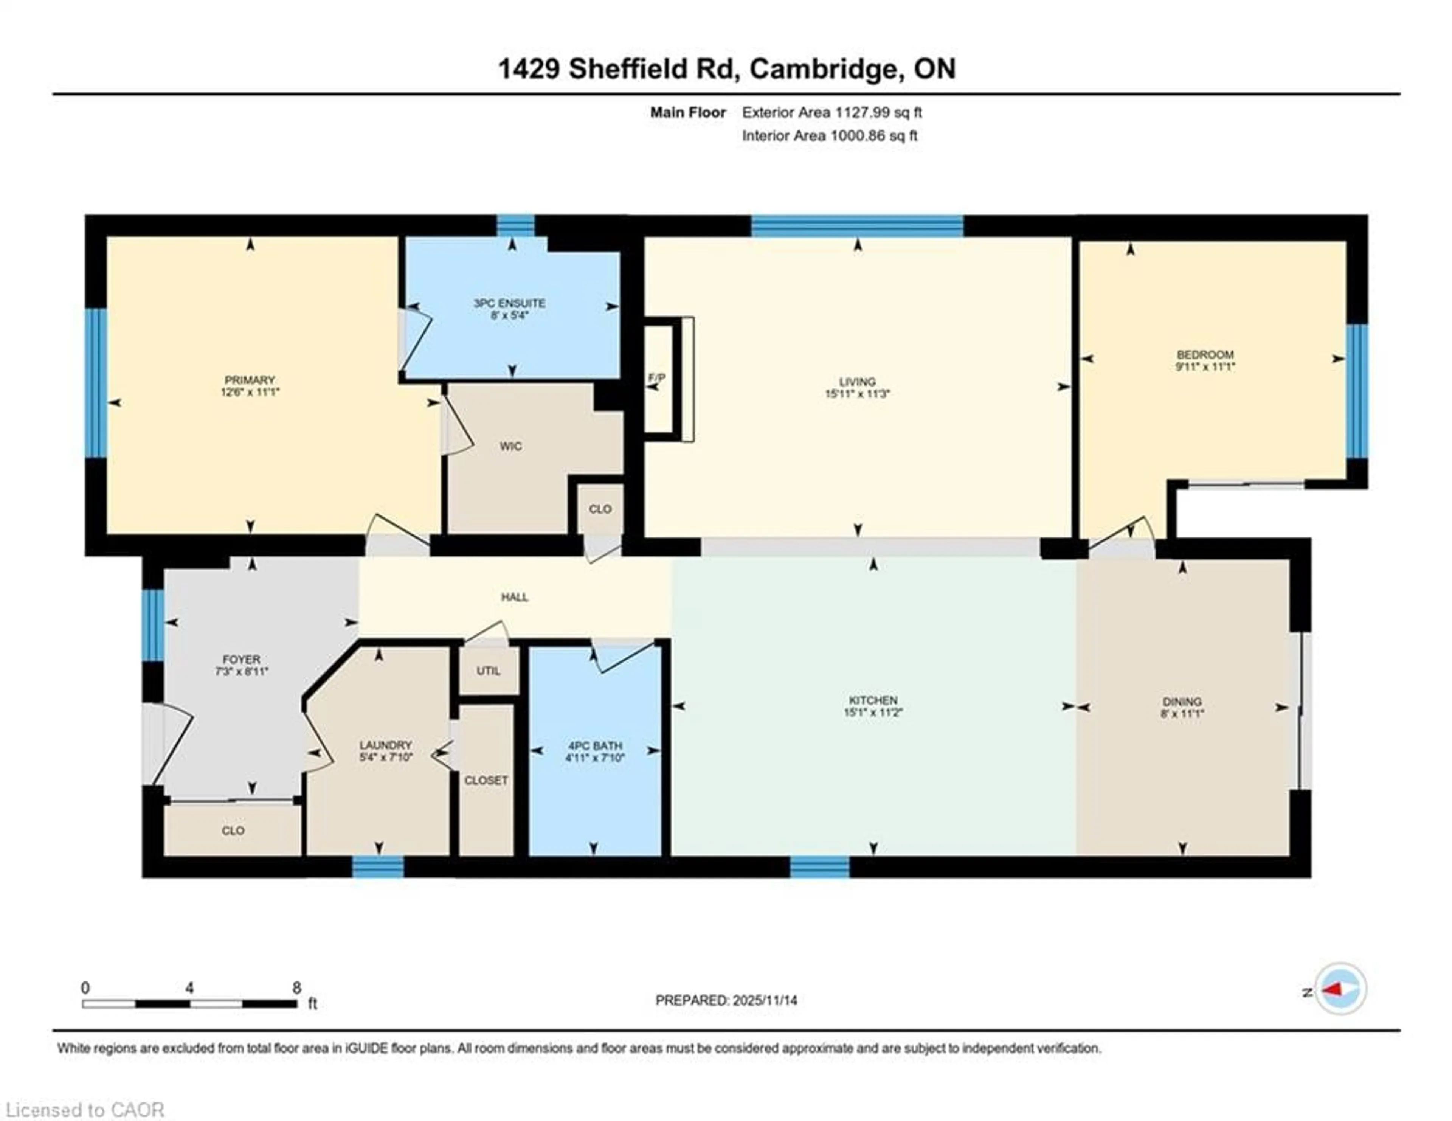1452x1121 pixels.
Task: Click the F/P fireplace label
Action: tap(657, 378)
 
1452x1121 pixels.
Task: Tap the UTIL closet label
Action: tap(488, 670)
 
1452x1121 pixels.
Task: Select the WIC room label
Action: tap(510, 446)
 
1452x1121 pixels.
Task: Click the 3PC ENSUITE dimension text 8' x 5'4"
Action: tap(509, 315)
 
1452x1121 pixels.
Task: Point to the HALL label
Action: tap(515, 597)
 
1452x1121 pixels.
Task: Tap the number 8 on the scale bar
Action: tap(296, 987)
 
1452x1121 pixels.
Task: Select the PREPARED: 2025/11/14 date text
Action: tap(726, 1000)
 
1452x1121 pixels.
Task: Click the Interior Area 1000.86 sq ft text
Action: tap(830, 136)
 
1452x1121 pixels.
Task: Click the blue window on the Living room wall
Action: tap(857, 226)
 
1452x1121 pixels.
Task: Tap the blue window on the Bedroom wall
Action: tap(1357, 391)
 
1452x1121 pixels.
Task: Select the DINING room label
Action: tap(1182, 702)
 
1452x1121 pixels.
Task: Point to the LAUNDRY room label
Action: tap(386, 745)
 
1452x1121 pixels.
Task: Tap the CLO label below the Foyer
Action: tap(233, 831)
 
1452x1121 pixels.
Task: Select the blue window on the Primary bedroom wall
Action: tap(96, 383)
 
